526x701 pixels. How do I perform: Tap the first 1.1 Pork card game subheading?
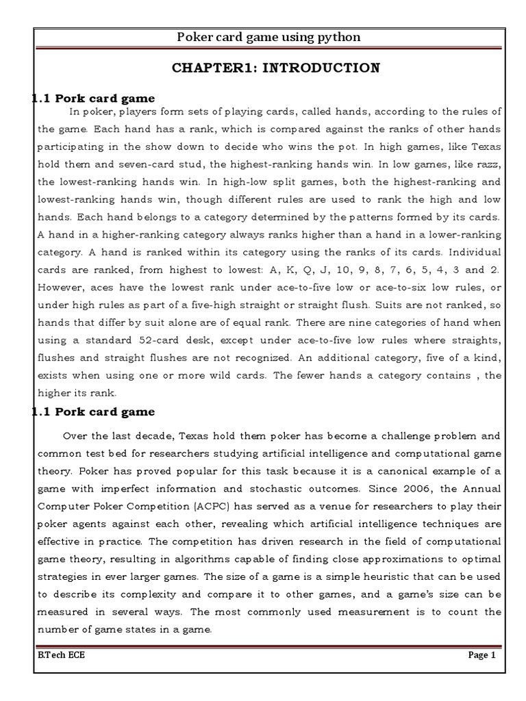point(94,99)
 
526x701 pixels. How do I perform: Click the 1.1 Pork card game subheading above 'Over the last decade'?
point(94,411)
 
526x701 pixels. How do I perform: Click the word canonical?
point(404,471)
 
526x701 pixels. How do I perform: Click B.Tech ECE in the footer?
point(62,655)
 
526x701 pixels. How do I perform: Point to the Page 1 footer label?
point(481,655)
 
